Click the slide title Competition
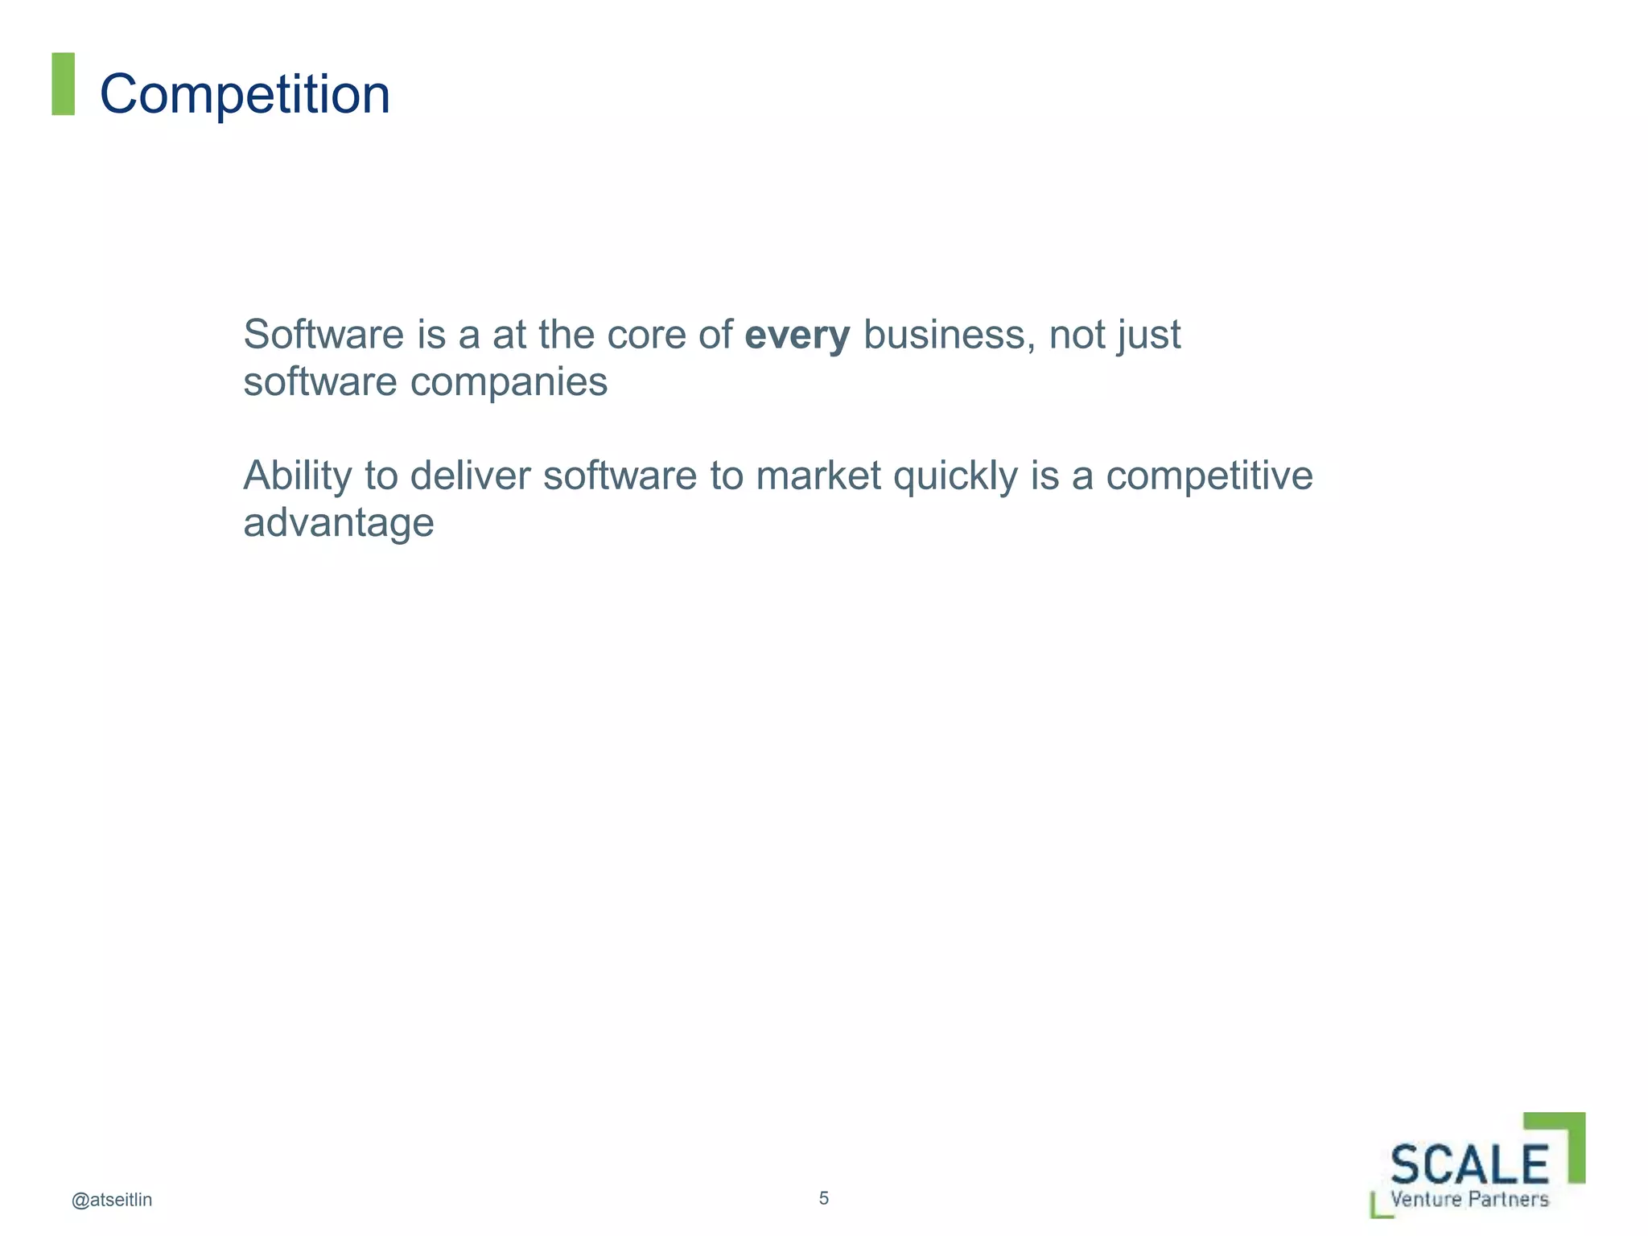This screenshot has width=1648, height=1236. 245,94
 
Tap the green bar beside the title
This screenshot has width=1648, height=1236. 63,84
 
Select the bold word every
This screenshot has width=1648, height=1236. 797,335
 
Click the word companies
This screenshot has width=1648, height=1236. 509,383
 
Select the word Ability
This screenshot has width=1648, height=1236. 297,476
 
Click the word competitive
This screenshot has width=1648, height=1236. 1209,476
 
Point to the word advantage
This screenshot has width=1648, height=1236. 338,523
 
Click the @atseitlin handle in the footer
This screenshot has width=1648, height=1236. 112,1200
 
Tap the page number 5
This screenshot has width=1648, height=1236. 823,1197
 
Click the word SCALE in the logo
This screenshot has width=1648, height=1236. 1469,1164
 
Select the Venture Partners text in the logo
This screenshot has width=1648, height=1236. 1469,1199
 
